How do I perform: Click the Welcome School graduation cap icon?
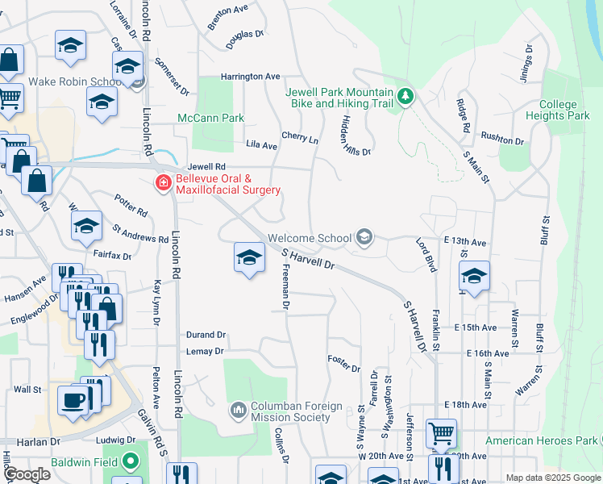tap(364, 236)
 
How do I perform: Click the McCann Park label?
tap(211, 118)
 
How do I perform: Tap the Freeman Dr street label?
tap(285, 289)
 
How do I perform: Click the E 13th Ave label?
tap(465, 242)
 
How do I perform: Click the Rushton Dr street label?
tap(502, 139)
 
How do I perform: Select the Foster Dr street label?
tap(343, 365)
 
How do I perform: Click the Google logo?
tap(27, 474)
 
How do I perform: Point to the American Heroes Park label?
tap(540, 440)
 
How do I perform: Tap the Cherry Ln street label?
tap(299, 138)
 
